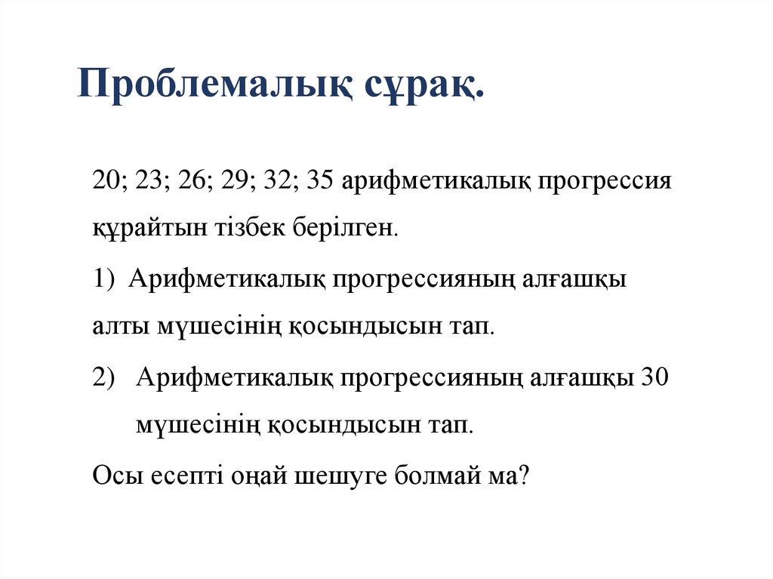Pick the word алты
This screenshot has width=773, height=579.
click(x=120, y=328)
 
